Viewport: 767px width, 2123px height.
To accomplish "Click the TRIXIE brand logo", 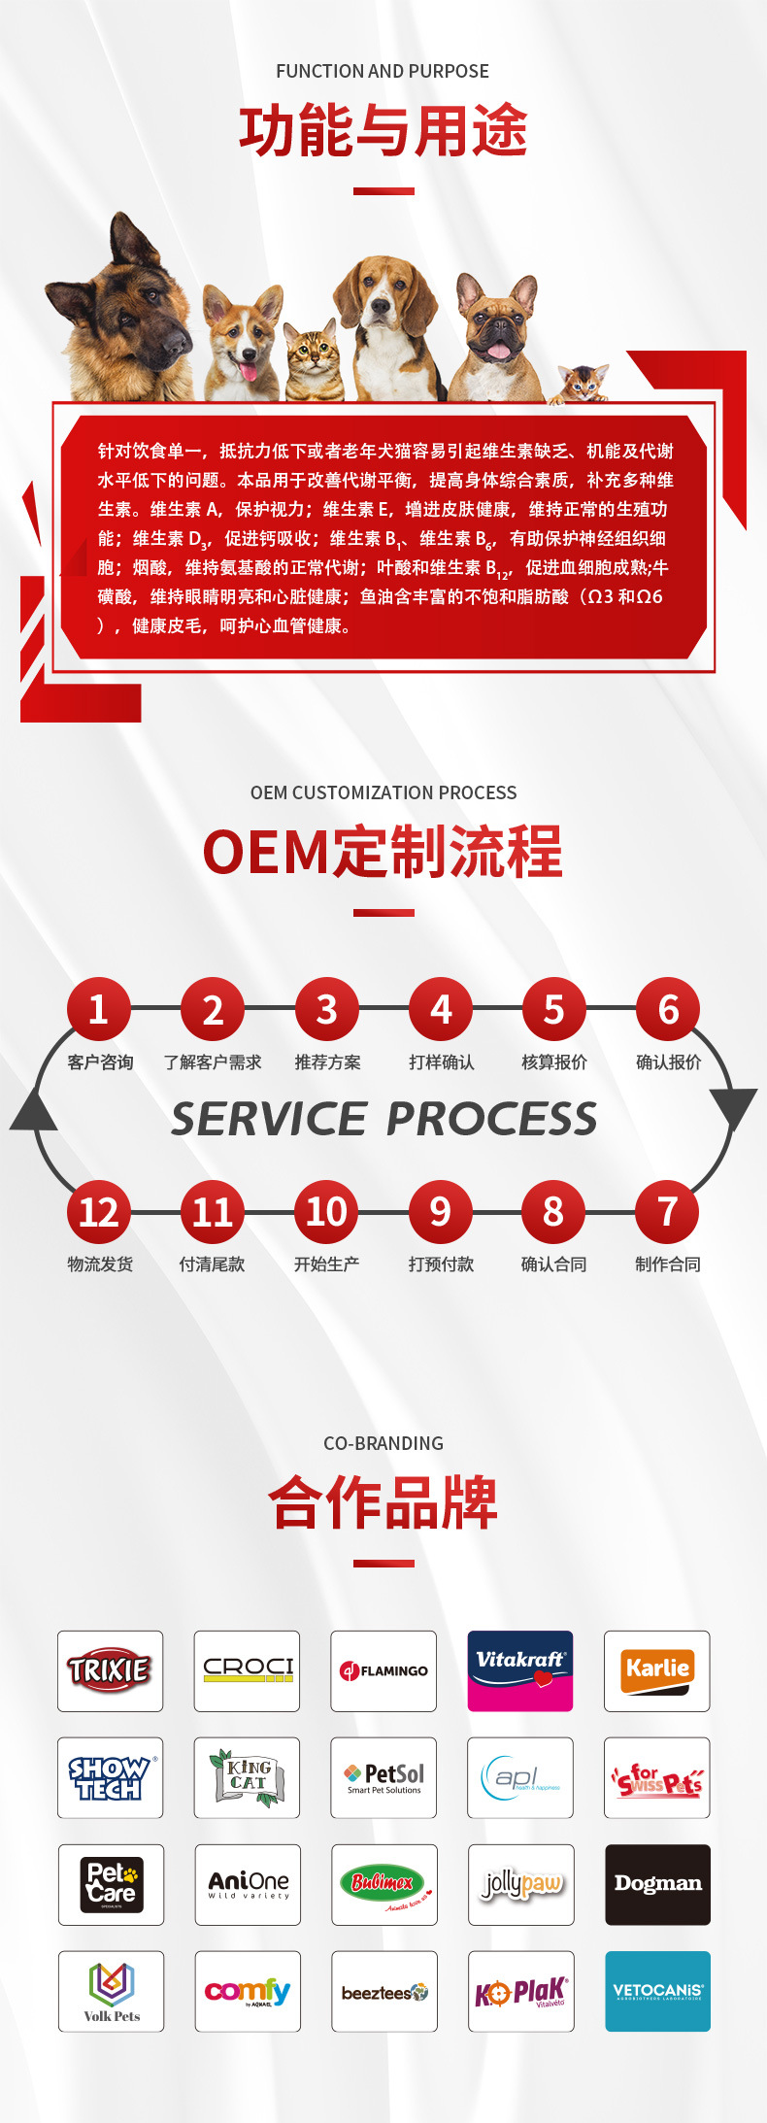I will point(110,1670).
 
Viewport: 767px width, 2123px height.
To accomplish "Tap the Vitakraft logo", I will point(520,1670).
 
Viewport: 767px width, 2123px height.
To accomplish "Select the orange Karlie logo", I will point(657,1670).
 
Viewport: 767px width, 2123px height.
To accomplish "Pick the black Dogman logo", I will point(657,1884).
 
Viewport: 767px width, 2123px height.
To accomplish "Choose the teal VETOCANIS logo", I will point(657,1991).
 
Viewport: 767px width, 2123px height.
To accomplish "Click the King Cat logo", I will point(248,1777).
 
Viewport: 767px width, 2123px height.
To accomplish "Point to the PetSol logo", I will point(384,1777).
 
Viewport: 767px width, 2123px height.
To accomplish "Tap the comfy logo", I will point(248,1991).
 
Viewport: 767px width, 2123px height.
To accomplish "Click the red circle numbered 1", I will point(98,1009).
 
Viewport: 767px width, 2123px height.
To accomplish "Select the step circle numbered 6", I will point(668,1009).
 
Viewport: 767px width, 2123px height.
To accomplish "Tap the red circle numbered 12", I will point(98,1212).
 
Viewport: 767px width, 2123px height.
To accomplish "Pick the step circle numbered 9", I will point(440,1212).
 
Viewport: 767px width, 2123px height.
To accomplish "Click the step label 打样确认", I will point(441,1062).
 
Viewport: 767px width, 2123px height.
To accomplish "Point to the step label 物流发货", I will point(99,1264).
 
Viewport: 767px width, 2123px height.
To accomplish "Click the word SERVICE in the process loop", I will point(269,1119).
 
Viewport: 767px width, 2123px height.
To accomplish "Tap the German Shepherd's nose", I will point(178,342).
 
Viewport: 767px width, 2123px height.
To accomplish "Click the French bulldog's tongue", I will point(498,352).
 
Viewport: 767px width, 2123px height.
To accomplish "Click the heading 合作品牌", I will point(383,1501).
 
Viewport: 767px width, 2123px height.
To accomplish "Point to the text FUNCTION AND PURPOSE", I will point(383,71).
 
